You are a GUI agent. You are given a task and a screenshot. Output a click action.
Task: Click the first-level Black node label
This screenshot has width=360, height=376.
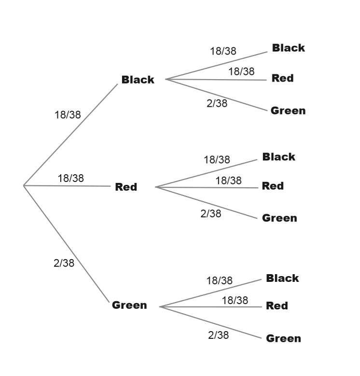138,80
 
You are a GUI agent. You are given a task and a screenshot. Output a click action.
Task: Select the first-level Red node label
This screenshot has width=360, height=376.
126,187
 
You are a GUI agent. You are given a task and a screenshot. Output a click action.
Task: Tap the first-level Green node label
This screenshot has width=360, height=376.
129,305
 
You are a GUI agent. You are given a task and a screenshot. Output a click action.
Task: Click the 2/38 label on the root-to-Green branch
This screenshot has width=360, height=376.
64,263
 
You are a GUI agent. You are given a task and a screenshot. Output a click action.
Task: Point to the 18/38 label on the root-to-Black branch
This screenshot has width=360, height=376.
68,115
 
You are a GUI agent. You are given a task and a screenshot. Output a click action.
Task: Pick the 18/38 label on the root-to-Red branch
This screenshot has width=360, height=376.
70,178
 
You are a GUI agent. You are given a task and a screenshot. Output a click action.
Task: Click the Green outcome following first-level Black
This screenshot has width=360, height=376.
288,111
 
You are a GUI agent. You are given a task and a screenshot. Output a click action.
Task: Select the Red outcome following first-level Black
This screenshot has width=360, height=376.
282,78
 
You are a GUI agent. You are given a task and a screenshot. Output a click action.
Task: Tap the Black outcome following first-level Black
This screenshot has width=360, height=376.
288,48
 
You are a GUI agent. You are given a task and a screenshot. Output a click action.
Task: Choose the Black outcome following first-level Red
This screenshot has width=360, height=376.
278,157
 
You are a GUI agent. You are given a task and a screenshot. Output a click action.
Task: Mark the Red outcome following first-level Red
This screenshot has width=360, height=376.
273,186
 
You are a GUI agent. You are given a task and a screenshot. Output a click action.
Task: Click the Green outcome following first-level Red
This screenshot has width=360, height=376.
279,218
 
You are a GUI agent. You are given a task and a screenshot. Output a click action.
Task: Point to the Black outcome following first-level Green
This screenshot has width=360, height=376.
282,278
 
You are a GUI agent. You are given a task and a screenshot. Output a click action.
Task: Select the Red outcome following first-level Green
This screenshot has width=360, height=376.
277,306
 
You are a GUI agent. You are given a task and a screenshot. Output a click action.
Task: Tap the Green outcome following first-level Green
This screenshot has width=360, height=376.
283,338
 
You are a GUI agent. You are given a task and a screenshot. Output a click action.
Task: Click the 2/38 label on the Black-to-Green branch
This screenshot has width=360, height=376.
217,103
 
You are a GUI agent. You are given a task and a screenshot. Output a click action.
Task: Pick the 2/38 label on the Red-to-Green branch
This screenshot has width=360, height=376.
211,213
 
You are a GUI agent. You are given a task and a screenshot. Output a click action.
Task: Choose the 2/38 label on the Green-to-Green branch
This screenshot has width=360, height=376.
218,335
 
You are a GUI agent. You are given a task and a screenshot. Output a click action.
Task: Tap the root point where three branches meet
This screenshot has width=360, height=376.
24,185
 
